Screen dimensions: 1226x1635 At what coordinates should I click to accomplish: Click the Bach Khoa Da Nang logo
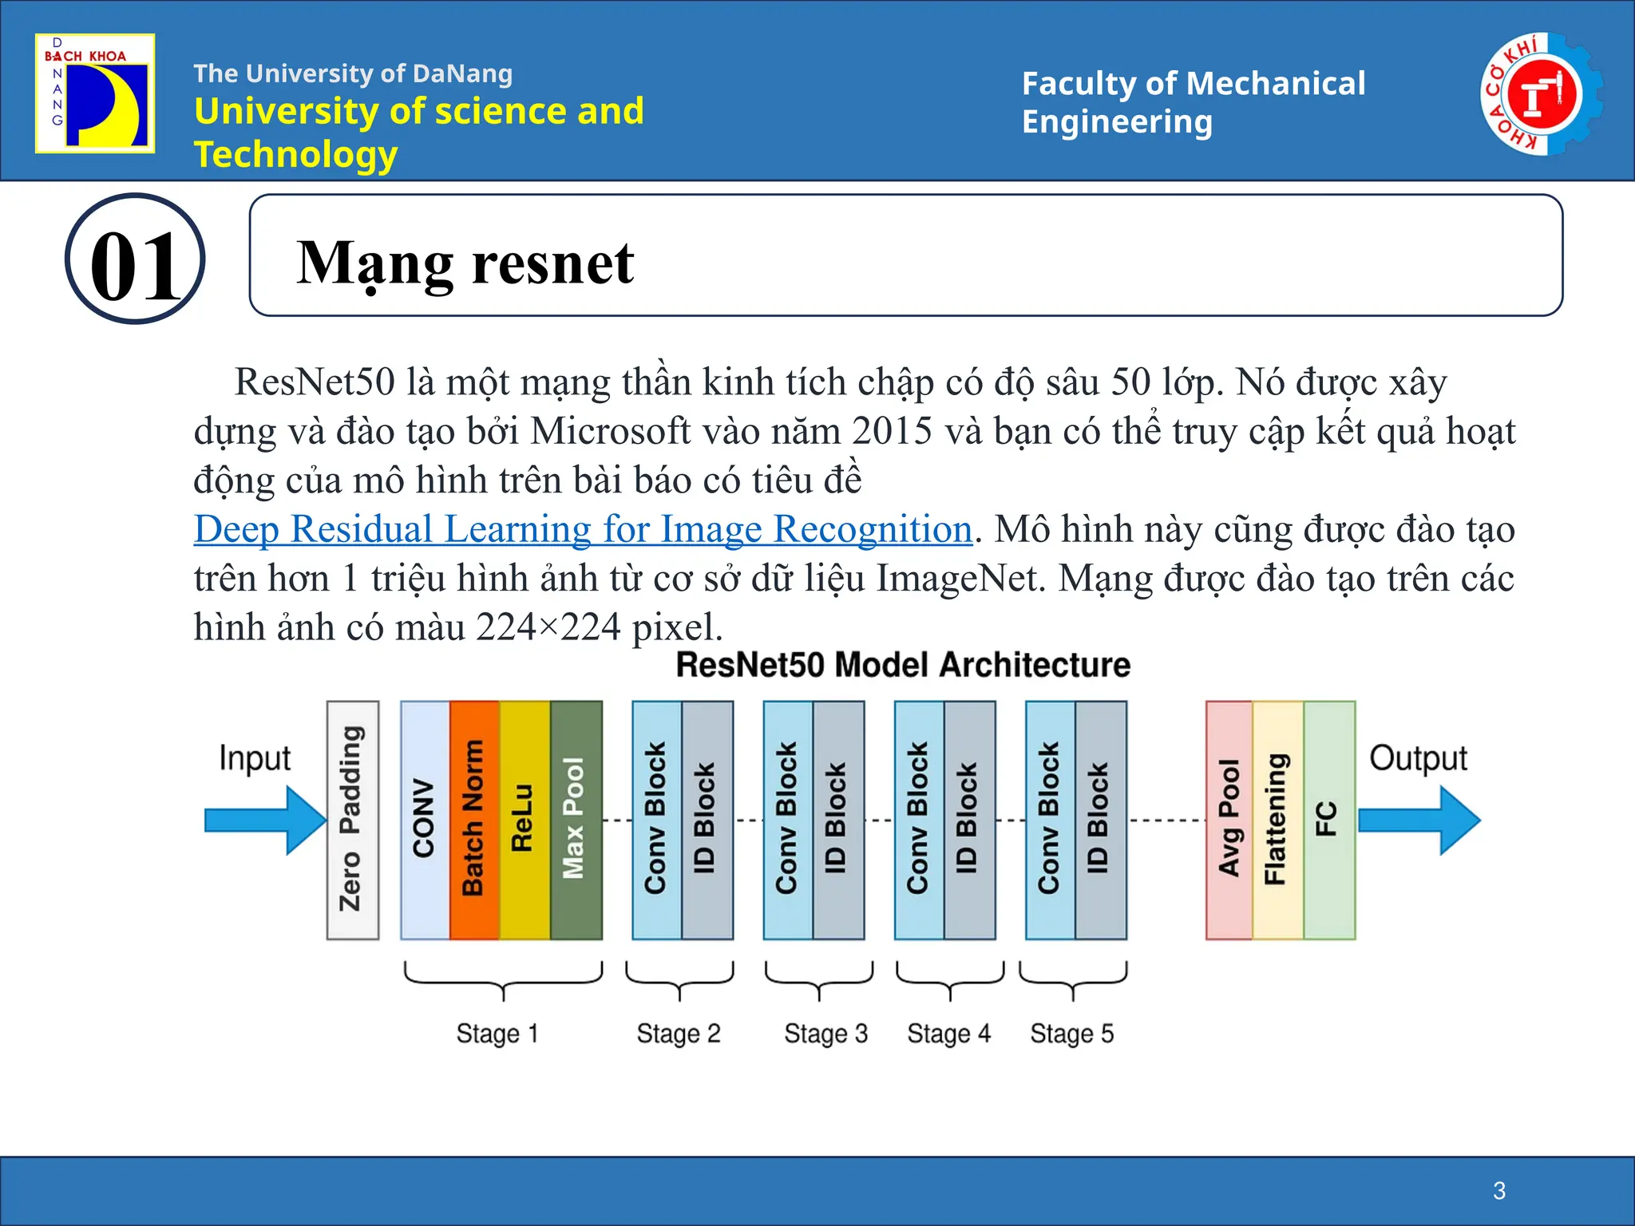pyautogui.click(x=95, y=93)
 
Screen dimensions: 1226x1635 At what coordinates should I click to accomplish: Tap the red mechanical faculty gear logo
pyautogui.click(x=1541, y=94)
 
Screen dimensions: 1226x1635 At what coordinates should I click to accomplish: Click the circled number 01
pyautogui.click(x=135, y=259)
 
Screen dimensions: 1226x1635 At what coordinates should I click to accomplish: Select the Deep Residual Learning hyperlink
pyautogui.click(x=583, y=529)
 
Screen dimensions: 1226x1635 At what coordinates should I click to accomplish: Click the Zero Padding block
pyautogui.click(x=352, y=820)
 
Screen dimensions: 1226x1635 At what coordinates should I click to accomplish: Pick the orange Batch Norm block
pyautogui.click(x=474, y=820)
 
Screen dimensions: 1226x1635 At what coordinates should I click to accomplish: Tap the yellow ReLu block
pyautogui.click(x=524, y=820)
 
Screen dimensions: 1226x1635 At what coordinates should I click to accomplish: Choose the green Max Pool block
pyautogui.click(x=576, y=820)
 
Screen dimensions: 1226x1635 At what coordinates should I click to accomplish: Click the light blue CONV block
pyautogui.click(x=425, y=820)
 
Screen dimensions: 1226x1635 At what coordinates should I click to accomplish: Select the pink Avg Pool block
pyautogui.click(x=1229, y=820)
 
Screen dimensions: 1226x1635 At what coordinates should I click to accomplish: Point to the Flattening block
pyautogui.click(x=1277, y=820)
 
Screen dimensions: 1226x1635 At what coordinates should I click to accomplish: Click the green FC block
pyautogui.click(x=1328, y=820)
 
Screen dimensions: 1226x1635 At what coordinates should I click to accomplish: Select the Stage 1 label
pyautogui.click(x=497, y=1034)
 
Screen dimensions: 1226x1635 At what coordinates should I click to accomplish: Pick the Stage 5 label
pyautogui.click(x=1071, y=1034)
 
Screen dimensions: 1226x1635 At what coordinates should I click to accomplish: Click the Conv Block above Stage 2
pyautogui.click(x=656, y=820)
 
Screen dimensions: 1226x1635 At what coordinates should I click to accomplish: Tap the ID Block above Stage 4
pyautogui.click(x=969, y=820)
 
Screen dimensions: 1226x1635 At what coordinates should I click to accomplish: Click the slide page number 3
pyautogui.click(x=1499, y=1191)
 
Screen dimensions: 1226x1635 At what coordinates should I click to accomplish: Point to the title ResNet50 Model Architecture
pyautogui.click(x=903, y=665)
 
